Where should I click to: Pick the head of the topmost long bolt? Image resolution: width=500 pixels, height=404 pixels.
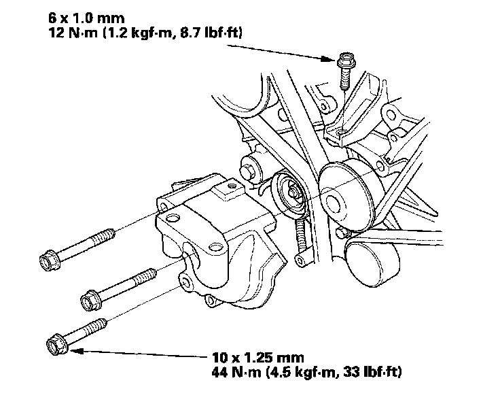[x=48, y=259]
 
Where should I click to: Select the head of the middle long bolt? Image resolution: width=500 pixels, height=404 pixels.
[x=89, y=298]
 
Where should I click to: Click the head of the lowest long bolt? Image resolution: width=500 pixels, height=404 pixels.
[x=55, y=344]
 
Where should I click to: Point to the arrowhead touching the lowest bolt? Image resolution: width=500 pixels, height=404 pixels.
[x=73, y=351]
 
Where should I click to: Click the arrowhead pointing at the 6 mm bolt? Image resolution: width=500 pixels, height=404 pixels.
[x=330, y=59]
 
